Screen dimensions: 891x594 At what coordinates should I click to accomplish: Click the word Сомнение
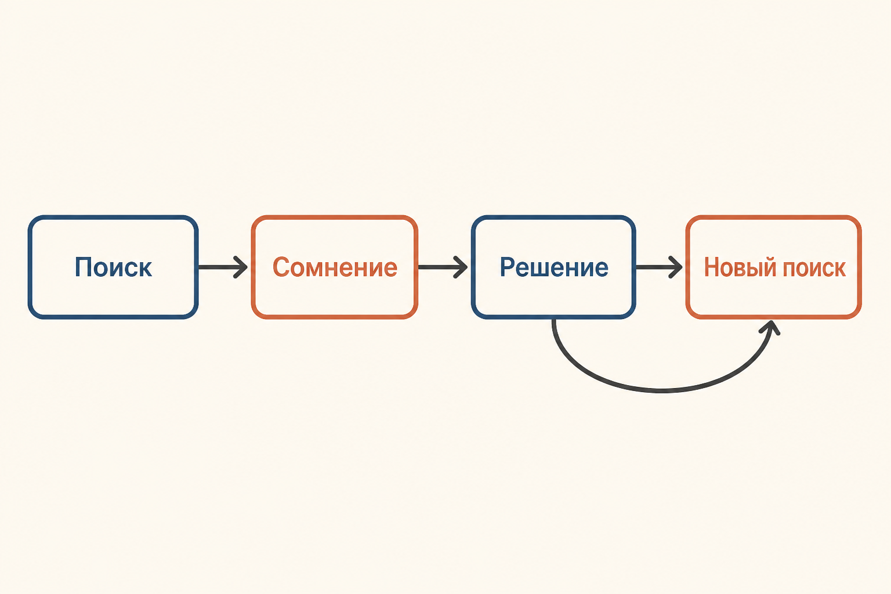pyautogui.click(x=335, y=267)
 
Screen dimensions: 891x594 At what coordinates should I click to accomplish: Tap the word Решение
pyautogui.click(x=554, y=267)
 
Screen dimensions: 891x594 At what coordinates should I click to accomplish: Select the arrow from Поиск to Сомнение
pyautogui.click(x=223, y=267)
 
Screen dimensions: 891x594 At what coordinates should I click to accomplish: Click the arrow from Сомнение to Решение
pyautogui.click(x=443, y=267)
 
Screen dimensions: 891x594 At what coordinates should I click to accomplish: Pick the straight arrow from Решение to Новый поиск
pyautogui.click(x=659, y=267)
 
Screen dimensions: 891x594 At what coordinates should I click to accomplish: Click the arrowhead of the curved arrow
pyautogui.click(x=771, y=327)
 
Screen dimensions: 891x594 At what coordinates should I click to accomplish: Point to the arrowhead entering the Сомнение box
pyautogui.click(x=241, y=267)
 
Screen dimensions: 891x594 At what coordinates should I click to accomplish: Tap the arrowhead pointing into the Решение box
pyautogui.click(x=461, y=267)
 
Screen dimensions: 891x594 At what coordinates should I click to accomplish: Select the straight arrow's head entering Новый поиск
pyautogui.click(x=675, y=267)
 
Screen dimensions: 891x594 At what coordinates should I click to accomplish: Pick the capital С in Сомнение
pyautogui.click(x=281, y=267)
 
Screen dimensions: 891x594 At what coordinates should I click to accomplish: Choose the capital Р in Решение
pyautogui.click(x=508, y=267)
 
